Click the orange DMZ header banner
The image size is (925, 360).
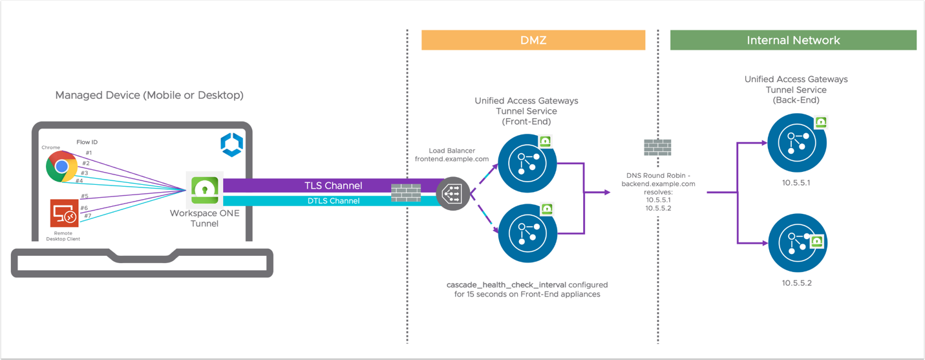533,40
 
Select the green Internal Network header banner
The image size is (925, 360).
793,40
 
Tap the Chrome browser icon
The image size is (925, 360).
62,167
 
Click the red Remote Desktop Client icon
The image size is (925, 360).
65,214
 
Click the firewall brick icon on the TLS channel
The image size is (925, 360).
406,193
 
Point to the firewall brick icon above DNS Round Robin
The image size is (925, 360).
657,147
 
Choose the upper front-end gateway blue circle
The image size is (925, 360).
527,164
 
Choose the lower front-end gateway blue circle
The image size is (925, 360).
527,233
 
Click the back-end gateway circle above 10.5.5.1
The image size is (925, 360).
796,143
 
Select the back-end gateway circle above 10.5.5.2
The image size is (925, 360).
796,244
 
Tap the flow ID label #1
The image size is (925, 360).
89,153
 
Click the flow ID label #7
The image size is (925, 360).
88,215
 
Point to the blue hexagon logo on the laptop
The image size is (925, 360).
231,145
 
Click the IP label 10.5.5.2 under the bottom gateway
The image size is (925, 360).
796,283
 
